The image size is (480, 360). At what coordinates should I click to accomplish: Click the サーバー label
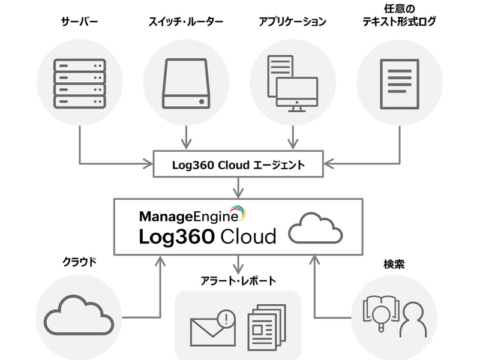coord(80,22)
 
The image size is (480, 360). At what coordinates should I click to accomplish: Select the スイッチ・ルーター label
coord(186,22)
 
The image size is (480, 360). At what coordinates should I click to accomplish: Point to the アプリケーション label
coord(292,22)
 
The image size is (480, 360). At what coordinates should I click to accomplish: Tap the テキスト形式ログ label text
coord(400,23)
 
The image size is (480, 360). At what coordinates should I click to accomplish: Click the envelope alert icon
coord(212,325)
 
